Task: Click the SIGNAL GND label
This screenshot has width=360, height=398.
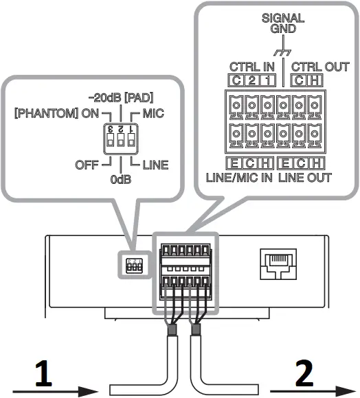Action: (x=278, y=24)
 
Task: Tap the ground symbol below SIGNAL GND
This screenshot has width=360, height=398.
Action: (x=278, y=51)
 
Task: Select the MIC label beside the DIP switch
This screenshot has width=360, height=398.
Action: (x=156, y=112)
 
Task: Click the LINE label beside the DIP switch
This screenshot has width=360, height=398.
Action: (x=154, y=164)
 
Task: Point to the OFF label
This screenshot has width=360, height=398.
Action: (x=87, y=164)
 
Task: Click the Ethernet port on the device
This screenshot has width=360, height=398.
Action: (x=278, y=263)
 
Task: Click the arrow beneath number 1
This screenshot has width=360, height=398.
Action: (x=52, y=391)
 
